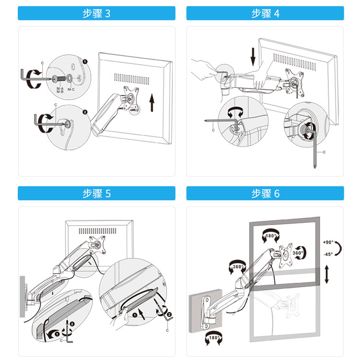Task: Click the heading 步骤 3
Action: point(96,13)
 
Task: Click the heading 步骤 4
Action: point(265,13)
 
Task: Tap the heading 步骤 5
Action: point(96,194)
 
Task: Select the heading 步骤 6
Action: point(265,194)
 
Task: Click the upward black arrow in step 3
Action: point(152,102)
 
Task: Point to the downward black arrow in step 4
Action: point(253,56)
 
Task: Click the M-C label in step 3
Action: point(71,89)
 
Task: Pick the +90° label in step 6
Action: point(329,242)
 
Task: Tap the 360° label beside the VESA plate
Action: point(297,253)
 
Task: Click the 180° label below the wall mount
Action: point(212,339)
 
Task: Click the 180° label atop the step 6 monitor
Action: point(270,236)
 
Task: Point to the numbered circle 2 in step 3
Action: point(85,112)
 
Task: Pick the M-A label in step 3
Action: point(60,88)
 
